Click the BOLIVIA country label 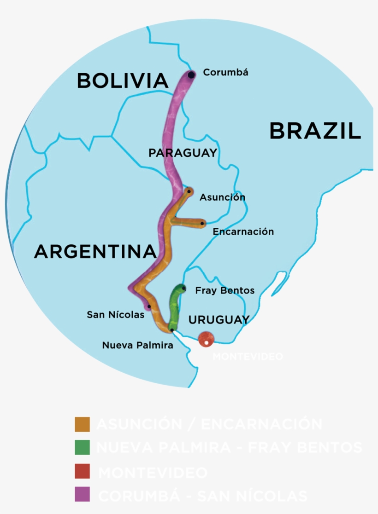click(122, 81)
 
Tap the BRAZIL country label click(315, 131)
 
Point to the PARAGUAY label click(183, 153)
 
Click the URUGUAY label click(219, 319)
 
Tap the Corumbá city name click(225, 72)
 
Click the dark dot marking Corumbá click(191, 75)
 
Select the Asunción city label click(222, 197)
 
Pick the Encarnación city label click(243, 232)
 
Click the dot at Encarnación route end click(202, 224)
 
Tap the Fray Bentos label click(225, 290)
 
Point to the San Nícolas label click(115, 315)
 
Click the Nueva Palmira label click(138, 345)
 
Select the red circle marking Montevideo click(206, 339)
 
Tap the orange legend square click(82, 424)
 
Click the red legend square click(82, 471)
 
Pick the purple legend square click(82, 494)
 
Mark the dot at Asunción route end click(189, 191)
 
